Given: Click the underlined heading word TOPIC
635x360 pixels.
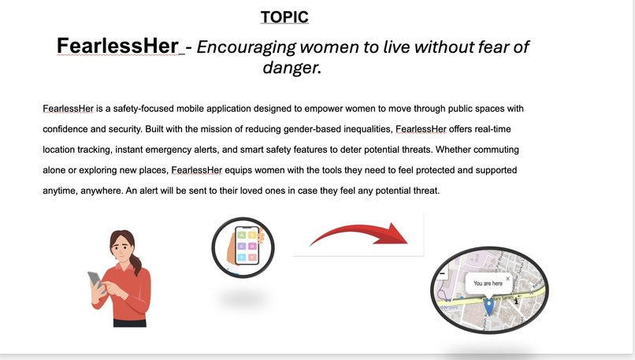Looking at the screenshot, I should point(285,17).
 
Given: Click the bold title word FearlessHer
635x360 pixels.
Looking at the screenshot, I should point(117,46).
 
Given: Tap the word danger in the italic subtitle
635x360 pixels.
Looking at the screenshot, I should point(289,69).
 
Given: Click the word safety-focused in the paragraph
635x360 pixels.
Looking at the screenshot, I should point(139,108).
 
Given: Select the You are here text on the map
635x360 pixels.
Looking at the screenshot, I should point(488,283).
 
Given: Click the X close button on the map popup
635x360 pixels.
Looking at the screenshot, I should point(507,278).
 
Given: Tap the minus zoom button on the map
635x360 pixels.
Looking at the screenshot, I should point(441,273).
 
